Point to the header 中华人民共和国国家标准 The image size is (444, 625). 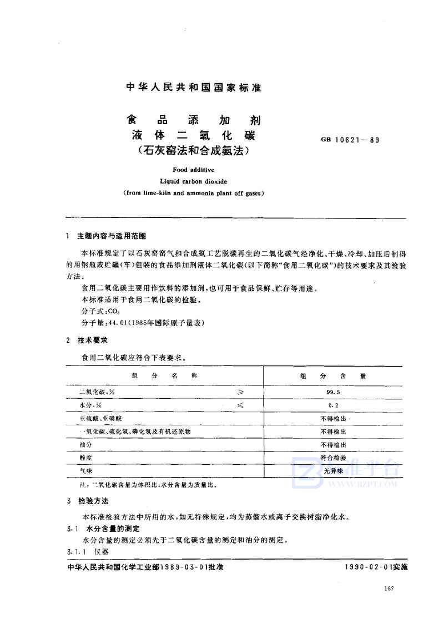point(194,88)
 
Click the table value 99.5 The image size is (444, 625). point(334,392)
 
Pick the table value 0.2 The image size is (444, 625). point(334,405)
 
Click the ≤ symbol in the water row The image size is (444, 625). point(240,405)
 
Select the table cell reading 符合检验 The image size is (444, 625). point(334,458)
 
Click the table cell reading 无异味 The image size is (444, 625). point(334,471)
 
